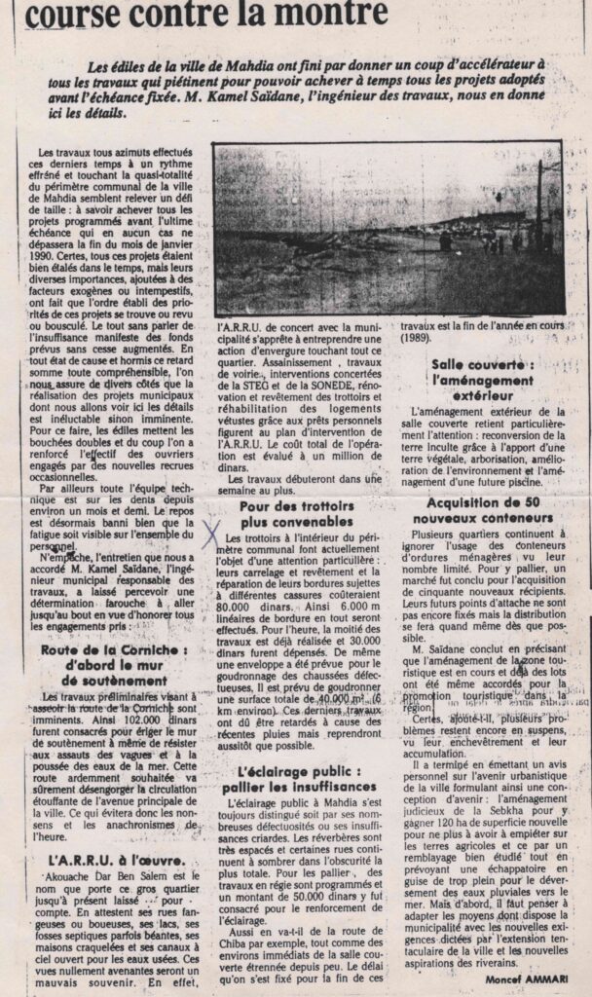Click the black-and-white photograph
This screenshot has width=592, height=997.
[387, 229]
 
